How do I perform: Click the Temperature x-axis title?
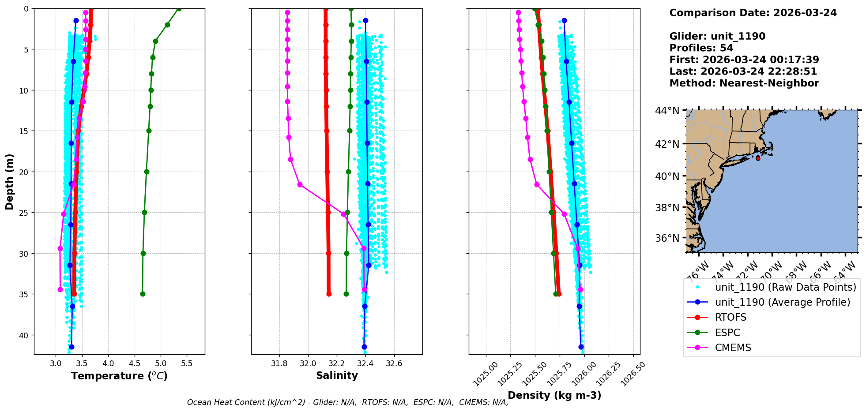click(x=119, y=376)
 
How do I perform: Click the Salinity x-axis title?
click(x=337, y=375)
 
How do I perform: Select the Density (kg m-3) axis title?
click(x=554, y=395)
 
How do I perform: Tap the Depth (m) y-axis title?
click(x=10, y=181)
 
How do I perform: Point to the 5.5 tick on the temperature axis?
click(x=187, y=363)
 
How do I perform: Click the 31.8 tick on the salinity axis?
click(x=279, y=363)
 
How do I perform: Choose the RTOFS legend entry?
click(x=730, y=318)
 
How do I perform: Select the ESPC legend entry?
click(x=727, y=333)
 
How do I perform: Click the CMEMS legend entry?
click(x=733, y=348)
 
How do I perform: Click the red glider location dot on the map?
click(x=758, y=158)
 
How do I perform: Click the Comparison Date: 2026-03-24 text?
click(x=753, y=13)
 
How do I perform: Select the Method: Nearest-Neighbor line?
click(x=744, y=83)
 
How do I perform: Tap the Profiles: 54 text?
click(x=701, y=48)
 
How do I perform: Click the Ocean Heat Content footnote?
click(x=347, y=402)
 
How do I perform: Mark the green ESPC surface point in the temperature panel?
click(x=179, y=8)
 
